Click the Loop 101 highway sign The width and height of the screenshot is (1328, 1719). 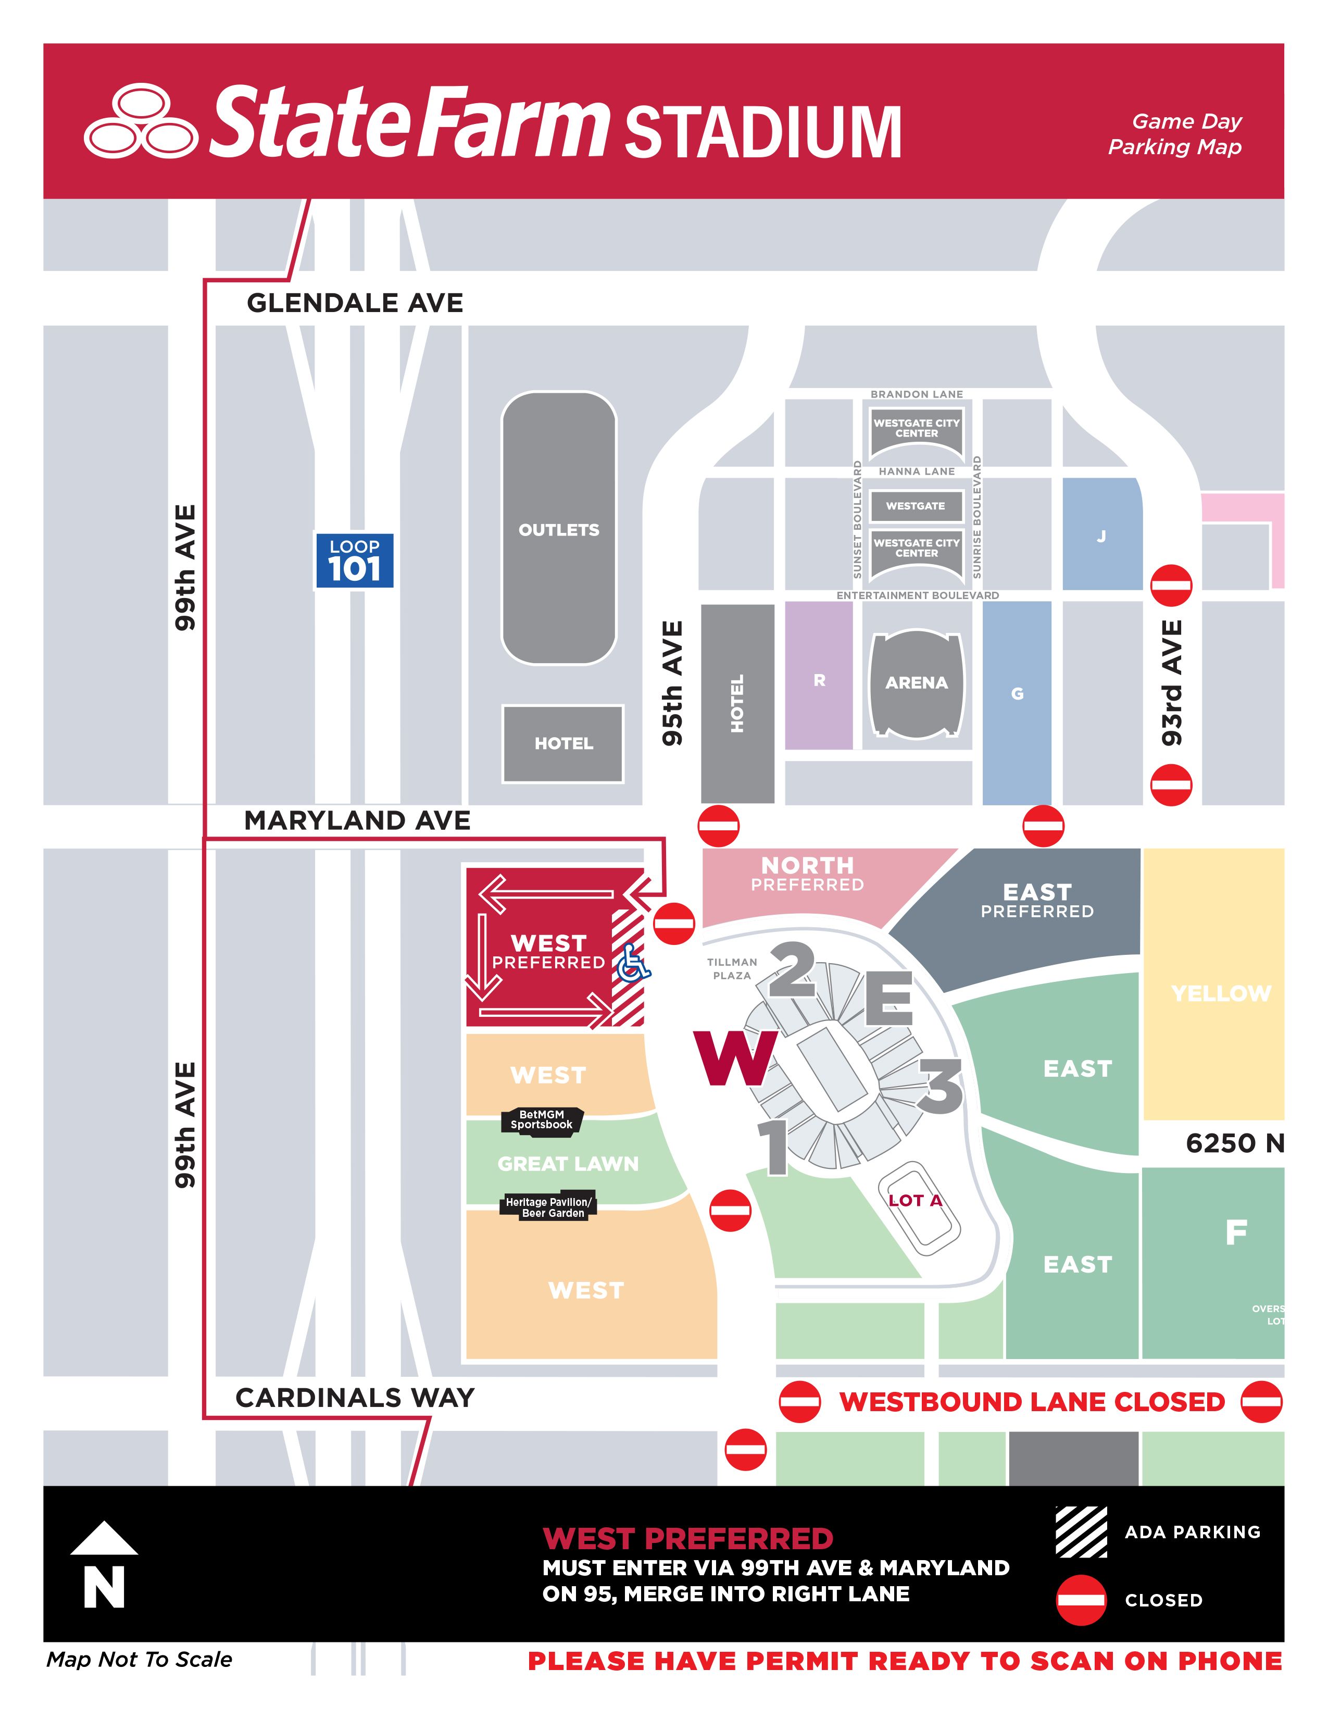pyautogui.click(x=354, y=560)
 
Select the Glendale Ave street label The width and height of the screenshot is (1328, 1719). pyautogui.click(x=355, y=303)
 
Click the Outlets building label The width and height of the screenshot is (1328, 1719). pyautogui.click(x=559, y=530)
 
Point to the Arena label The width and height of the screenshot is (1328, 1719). pyautogui.click(x=917, y=682)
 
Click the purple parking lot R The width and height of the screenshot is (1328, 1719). pyautogui.click(x=819, y=679)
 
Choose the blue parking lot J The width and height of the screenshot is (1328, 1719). pyautogui.click(x=1101, y=537)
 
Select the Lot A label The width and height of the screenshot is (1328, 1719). pyautogui.click(x=915, y=1200)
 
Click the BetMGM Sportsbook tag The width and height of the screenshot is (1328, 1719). pyautogui.click(x=542, y=1119)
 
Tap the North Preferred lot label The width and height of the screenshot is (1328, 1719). pyautogui.click(x=807, y=874)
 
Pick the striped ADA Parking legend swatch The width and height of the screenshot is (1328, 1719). pyautogui.click(x=1081, y=1531)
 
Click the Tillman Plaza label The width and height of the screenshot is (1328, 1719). pyautogui.click(x=732, y=968)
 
